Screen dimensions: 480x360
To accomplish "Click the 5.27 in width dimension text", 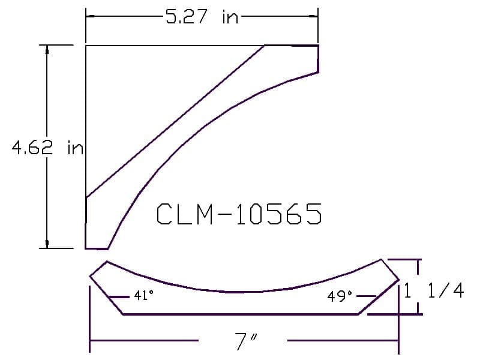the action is click(202, 17).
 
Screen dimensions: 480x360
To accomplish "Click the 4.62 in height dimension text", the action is click(47, 148).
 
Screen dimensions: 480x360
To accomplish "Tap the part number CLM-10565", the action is click(239, 214).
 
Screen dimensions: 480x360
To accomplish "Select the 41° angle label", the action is click(144, 295).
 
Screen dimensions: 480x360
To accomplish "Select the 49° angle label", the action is click(340, 296).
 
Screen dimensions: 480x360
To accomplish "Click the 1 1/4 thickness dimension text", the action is click(434, 290).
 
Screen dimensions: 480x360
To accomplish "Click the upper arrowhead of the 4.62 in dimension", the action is click(47, 50).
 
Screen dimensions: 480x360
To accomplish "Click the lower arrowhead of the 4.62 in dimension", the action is click(47, 244).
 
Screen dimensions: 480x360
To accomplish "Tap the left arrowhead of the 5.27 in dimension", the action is click(91, 16).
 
